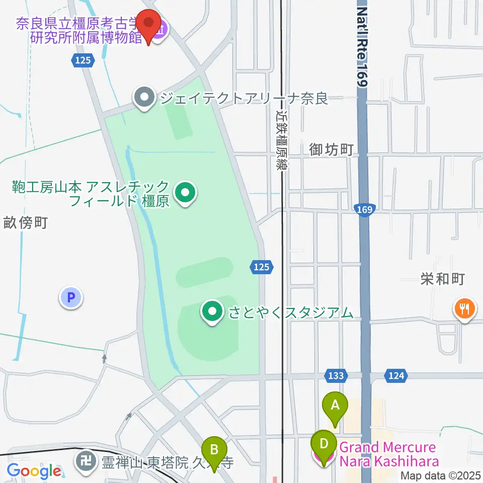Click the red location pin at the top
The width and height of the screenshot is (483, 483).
(x=149, y=23)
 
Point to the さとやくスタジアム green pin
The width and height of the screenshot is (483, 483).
(x=212, y=311)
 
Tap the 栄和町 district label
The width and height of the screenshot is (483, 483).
(x=442, y=279)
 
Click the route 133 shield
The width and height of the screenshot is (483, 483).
(x=336, y=375)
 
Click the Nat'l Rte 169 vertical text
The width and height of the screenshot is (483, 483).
(x=362, y=45)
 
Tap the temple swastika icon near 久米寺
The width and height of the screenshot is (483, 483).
(x=87, y=461)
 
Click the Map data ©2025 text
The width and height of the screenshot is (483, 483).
(x=440, y=475)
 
